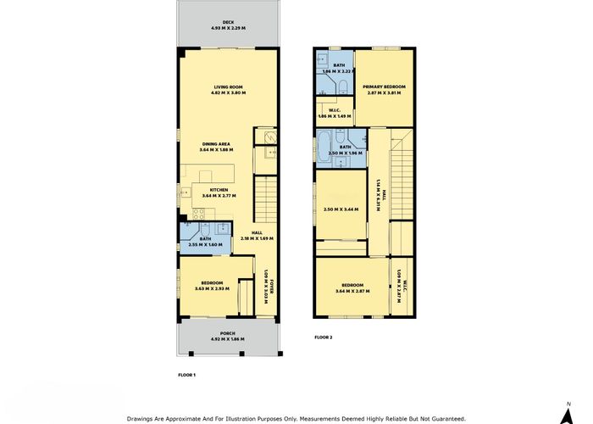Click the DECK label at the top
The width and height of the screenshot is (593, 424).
pyautogui.click(x=228, y=22)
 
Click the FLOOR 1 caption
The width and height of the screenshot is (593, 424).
pyautogui.click(x=187, y=374)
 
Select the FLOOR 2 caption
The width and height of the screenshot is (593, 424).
pyautogui.click(x=324, y=337)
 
